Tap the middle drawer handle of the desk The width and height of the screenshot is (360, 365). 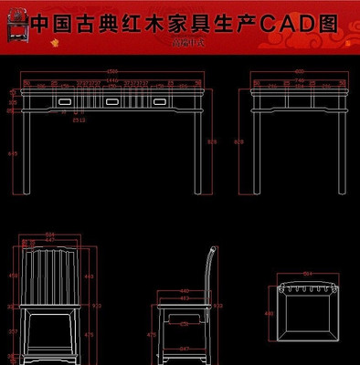pyautogui.click(x=110, y=102)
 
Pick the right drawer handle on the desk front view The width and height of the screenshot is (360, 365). pyautogui.click(x=160, y=102)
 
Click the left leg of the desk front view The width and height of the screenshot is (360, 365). pyautogui.click(x=30, y=151)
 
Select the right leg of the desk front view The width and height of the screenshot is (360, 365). pyautogui.click(x=198, y=151)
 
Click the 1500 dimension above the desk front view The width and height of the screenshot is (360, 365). pyautogui.click(x=113, y=72)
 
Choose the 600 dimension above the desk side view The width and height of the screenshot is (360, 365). pyautogui.click(x=300, y=72)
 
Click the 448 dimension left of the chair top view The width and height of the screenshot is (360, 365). pyautogui.click(x=269, y=313)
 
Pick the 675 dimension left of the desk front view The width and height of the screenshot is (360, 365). pyautogui.click(x=12, y=153)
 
